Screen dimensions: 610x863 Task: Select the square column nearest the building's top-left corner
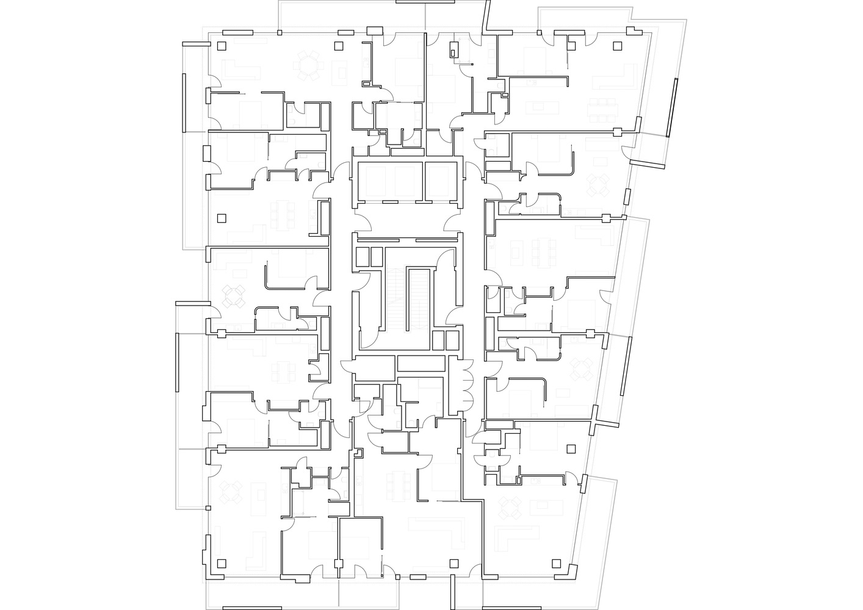coord(222,46)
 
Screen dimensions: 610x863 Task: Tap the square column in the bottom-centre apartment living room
coord(453,562)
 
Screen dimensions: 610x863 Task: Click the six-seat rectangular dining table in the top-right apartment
coord(604,109)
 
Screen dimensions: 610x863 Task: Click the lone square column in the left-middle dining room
coord(222,217)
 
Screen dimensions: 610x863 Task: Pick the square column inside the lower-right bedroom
coord(571,449)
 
